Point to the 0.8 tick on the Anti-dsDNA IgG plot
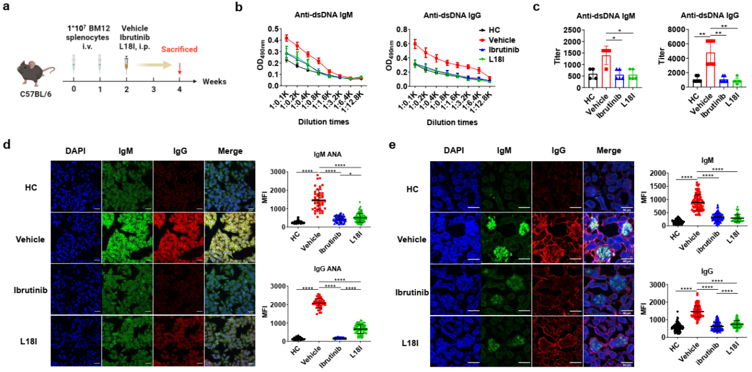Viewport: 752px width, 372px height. pyautogui.click(x=389, y=28)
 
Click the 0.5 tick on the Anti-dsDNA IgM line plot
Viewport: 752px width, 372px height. pyautogui.click(x=264, y=28)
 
